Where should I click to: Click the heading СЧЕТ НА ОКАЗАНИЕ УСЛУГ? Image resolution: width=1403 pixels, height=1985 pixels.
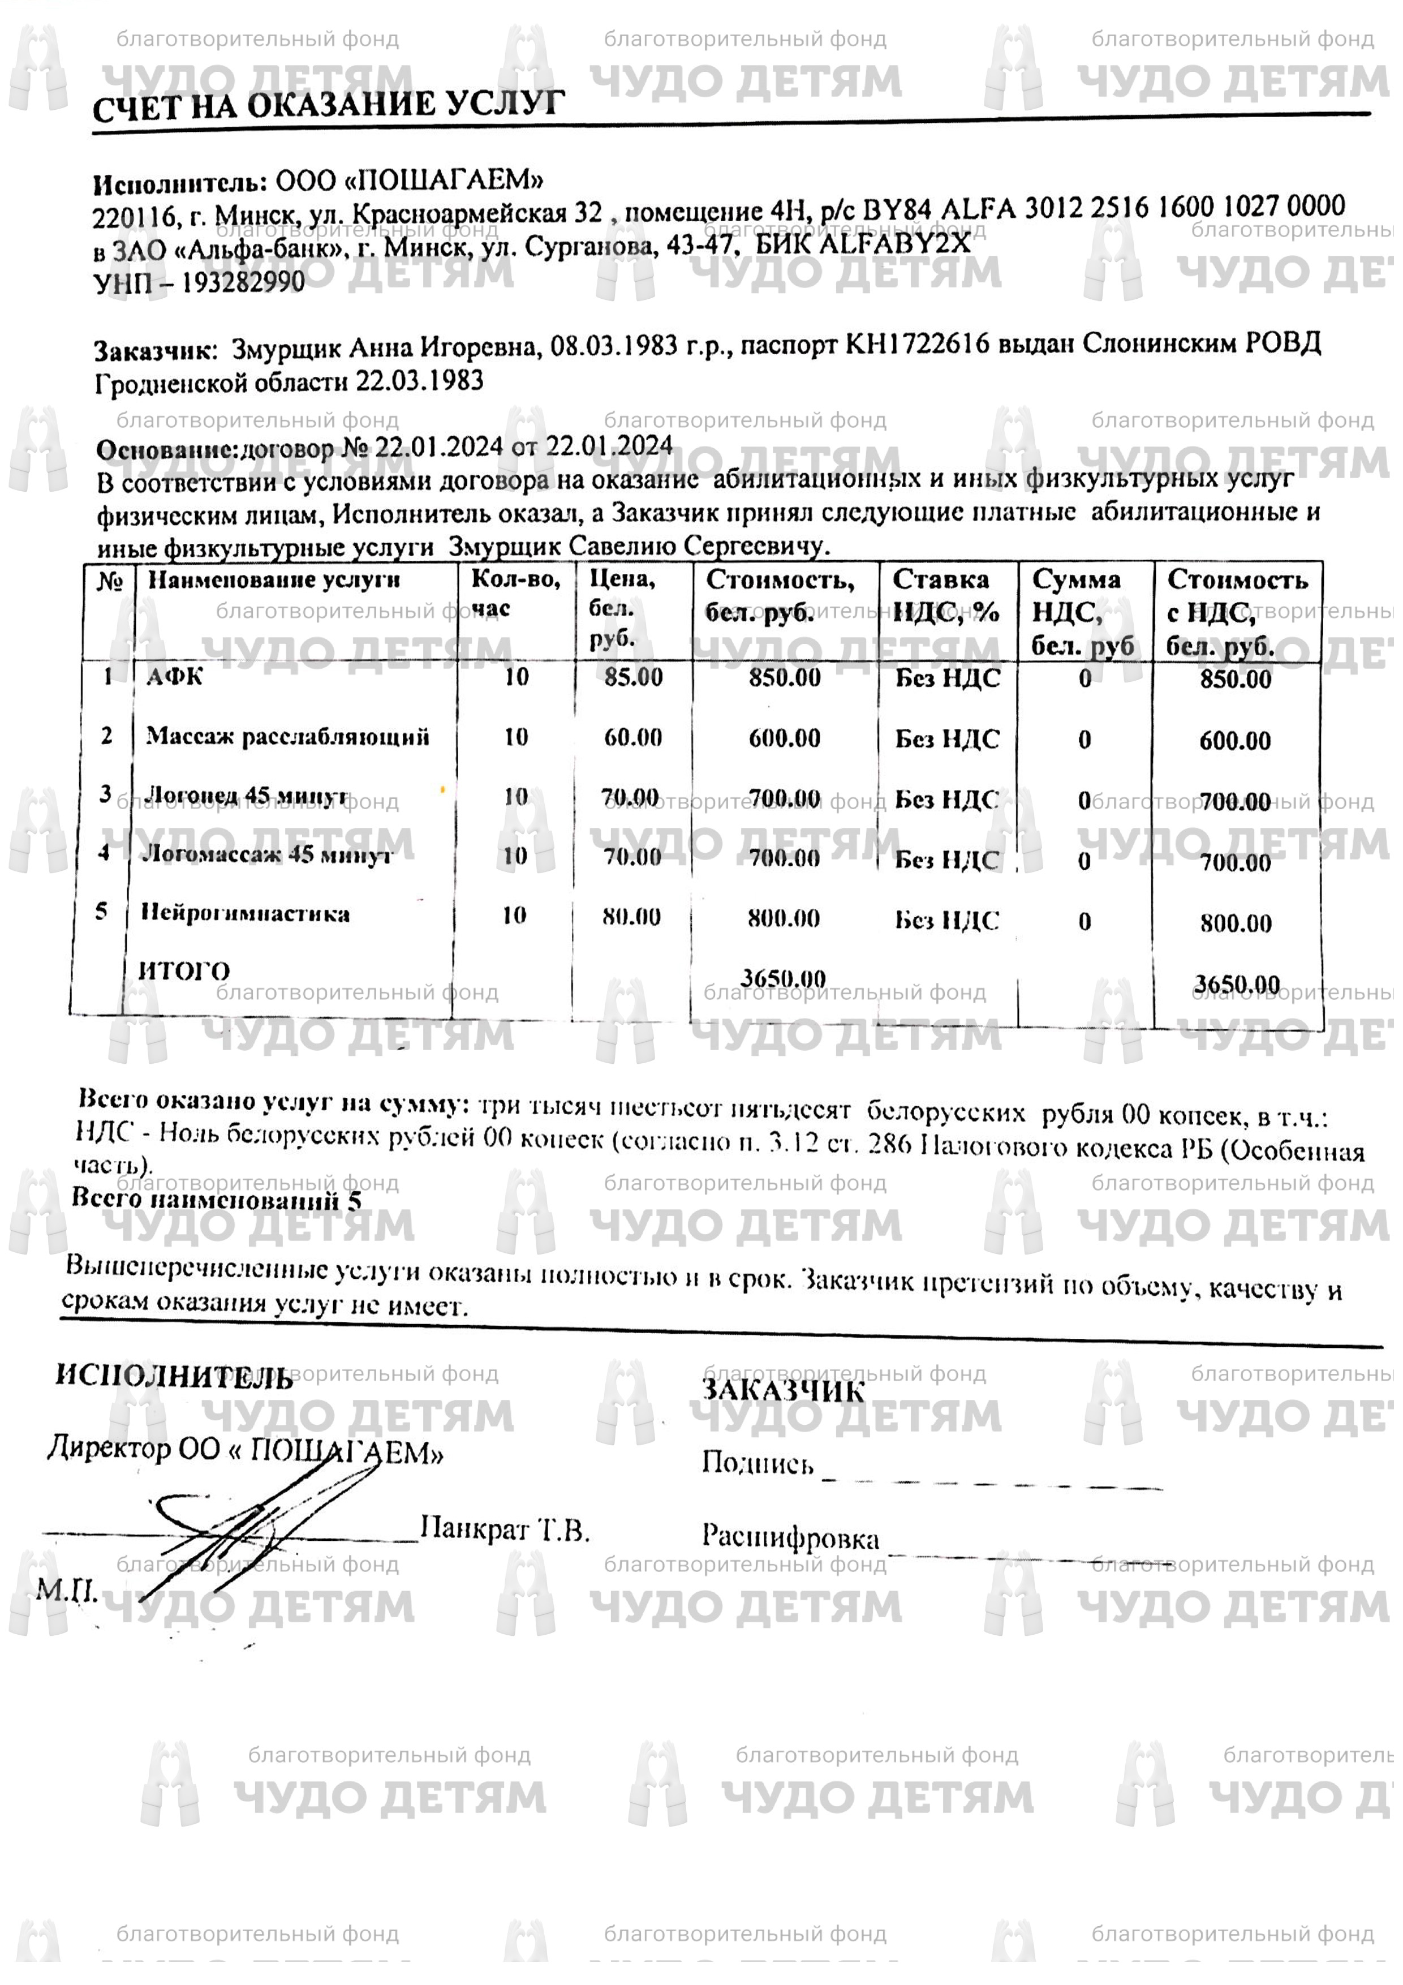(x=329, y=105)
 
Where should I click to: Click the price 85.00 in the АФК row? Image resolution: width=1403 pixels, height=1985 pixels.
(x=634, y=677)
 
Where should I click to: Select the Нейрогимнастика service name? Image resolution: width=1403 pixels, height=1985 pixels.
(x=246, y=914)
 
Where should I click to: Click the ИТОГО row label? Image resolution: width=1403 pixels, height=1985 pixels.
(x=184, y=971)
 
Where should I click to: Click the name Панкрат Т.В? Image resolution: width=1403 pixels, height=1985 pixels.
(x=505, y=1530)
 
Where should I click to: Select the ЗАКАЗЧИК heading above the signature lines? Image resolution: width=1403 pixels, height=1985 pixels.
(x=782, y=1389)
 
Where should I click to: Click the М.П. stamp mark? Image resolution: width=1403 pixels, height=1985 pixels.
(x=67, y=1589)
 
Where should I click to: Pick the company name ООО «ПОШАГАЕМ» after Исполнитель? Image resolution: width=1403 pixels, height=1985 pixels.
(x=409, y=180)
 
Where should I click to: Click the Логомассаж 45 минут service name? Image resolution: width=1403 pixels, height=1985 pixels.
(x=266, y=854)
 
